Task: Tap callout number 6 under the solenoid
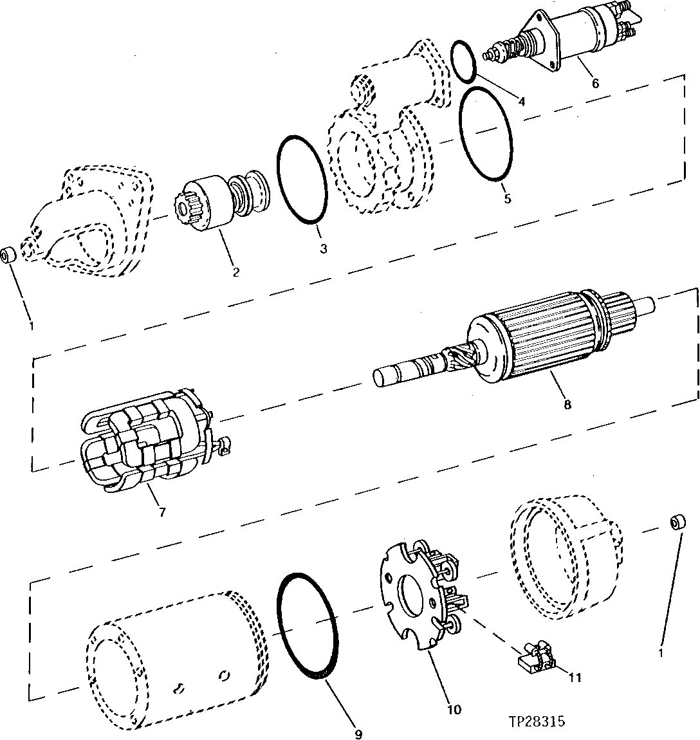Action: (x=594, y=83)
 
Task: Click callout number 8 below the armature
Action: (x=567, y=405)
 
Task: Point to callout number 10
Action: (x=454, y=710)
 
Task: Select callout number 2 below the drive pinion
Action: (x=235, y=272)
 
